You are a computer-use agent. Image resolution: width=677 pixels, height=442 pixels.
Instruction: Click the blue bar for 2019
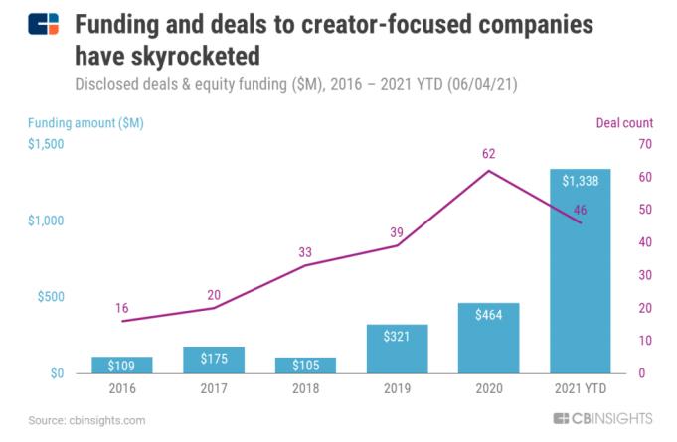click(397, 349)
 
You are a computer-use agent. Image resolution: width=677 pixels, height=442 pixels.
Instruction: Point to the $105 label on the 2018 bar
click(305, 365)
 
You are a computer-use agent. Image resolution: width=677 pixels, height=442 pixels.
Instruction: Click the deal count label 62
click(487, 154)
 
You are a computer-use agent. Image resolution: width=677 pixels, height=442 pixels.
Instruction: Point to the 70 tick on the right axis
click(644, 144)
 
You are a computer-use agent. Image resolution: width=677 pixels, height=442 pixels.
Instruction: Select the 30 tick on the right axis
click(644, 275)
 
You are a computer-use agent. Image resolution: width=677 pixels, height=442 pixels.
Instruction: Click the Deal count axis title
click(624, 123)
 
